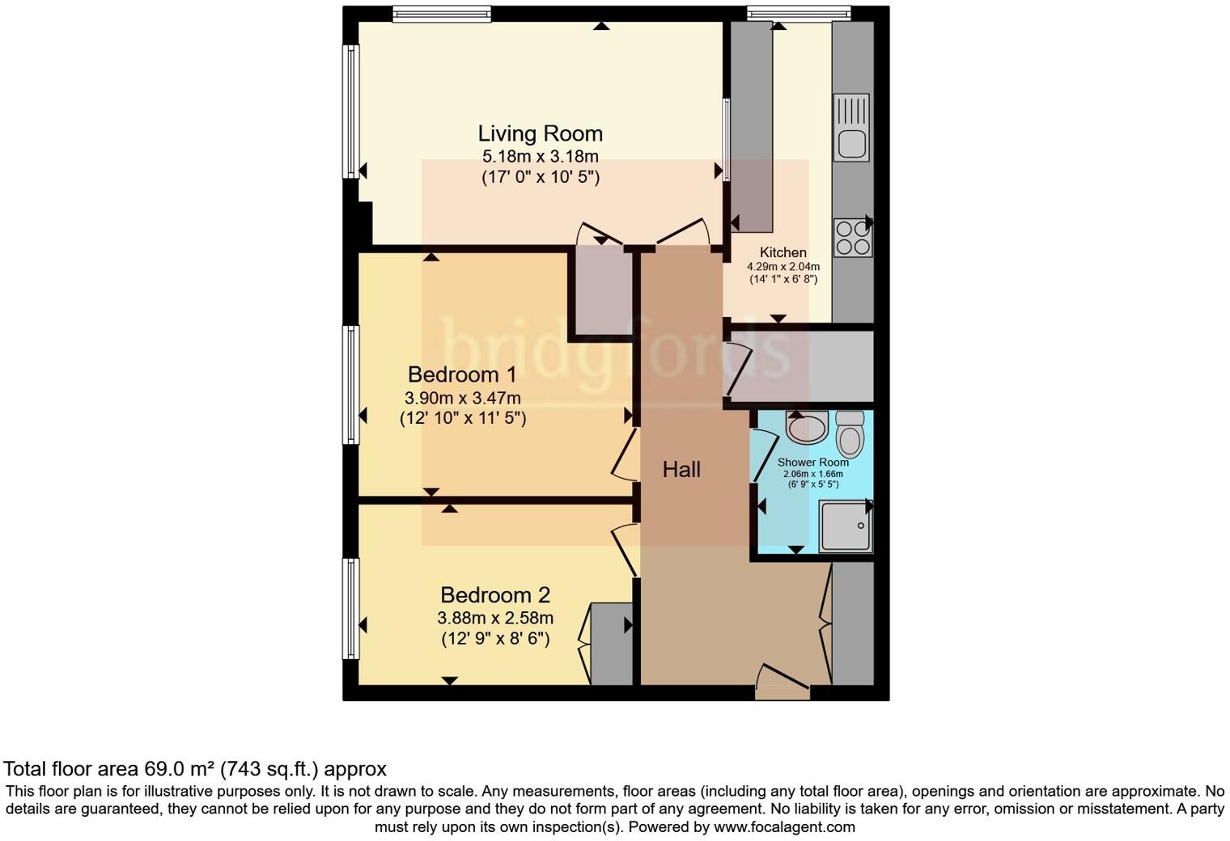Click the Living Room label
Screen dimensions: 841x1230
540,133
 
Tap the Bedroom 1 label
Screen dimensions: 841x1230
462,374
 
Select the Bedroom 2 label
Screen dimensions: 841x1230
495,595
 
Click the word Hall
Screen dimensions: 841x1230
681,469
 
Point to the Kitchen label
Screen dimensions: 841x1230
783,252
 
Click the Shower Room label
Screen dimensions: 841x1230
812,463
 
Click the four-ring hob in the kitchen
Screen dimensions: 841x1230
853,238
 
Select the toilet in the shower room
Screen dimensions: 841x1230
850,435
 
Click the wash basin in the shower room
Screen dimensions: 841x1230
806,427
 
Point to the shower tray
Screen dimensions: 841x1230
845,526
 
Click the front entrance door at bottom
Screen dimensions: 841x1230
782,683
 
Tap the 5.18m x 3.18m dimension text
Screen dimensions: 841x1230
540,156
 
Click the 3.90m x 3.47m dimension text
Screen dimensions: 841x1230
462,398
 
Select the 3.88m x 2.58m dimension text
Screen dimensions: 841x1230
495,618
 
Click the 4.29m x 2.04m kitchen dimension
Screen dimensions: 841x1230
783,266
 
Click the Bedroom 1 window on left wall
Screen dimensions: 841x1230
350,385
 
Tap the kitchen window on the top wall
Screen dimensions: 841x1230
798,12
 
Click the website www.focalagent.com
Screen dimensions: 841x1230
784,827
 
